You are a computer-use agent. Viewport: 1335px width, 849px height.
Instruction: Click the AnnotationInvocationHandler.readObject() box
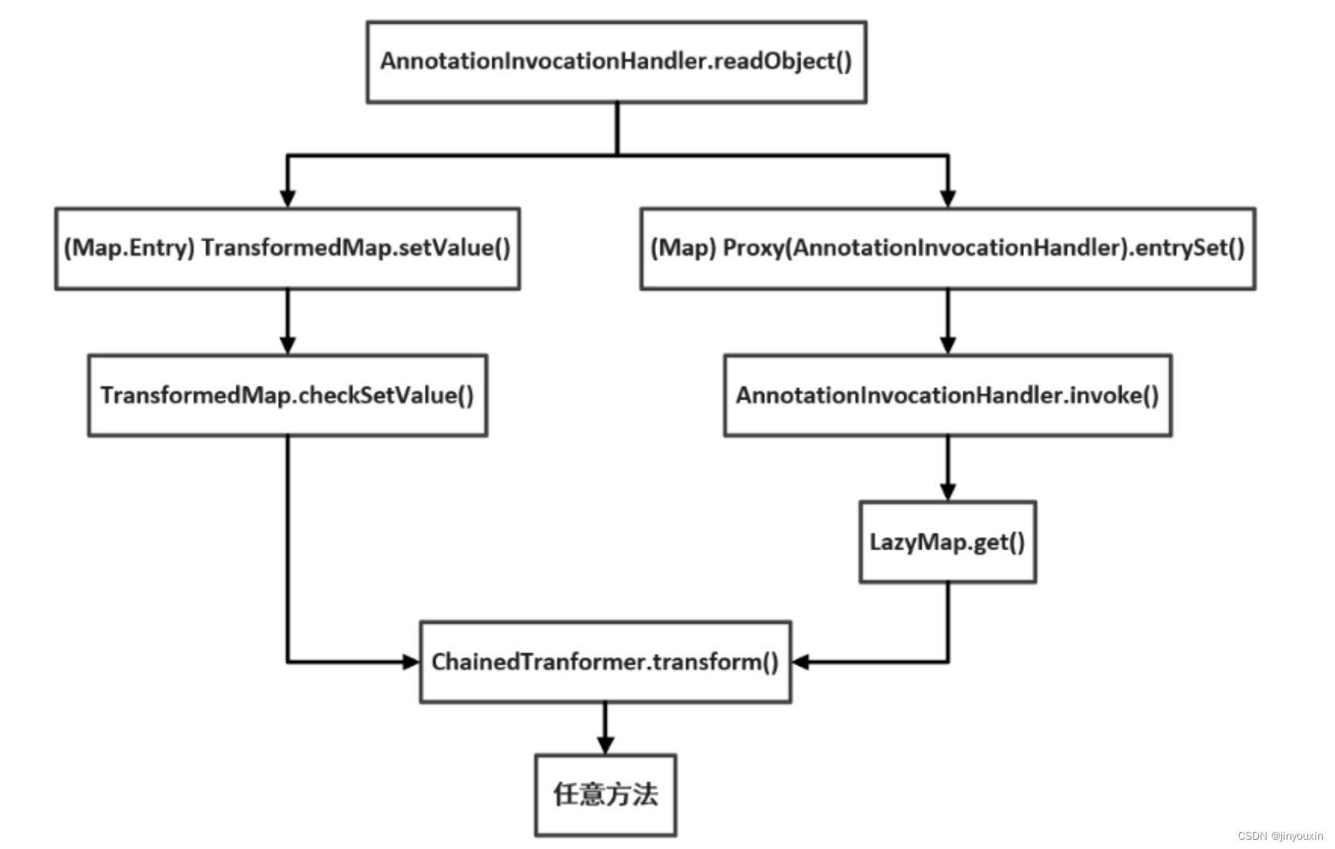click(x=616, y=61)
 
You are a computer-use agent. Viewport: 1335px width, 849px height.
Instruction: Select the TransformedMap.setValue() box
click(x=287, y=248)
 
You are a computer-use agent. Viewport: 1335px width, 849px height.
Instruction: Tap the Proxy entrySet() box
click(x=947, y=248)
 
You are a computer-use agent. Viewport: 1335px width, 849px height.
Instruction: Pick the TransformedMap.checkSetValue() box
click(x=287, y=395)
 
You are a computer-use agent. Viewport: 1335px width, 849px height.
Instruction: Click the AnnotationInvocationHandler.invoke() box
click(x=947, y=395)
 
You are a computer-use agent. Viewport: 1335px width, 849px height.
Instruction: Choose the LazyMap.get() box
click(x=947, y=542)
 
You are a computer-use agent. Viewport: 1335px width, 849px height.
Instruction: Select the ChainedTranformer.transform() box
click(x=605, y=662)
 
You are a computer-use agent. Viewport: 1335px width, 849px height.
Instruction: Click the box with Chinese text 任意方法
click(x=605, y=794)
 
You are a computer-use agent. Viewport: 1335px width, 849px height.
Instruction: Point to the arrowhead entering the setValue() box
click(x=287, y=198)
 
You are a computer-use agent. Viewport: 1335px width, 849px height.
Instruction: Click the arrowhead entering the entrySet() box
click(x=948, y=198)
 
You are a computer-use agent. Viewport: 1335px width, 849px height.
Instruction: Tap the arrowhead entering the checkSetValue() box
click(x=287, y=345)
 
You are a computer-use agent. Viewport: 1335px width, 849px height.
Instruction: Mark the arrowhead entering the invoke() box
click(x=948, y=345)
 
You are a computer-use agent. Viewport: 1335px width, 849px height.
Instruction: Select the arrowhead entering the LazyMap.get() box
click(x=948, y=492)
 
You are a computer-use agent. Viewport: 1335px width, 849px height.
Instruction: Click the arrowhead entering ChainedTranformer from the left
click(x=411, y=662)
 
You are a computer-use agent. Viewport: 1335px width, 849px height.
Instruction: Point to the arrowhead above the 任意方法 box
click(x=605, y=745)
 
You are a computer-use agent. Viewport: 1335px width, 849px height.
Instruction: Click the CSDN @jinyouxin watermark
click(x=1280, y=836)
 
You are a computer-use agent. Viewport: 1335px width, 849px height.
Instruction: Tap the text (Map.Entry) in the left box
click(x=128, y=248)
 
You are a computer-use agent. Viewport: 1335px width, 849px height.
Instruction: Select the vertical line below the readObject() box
click(x=617, y=129)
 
